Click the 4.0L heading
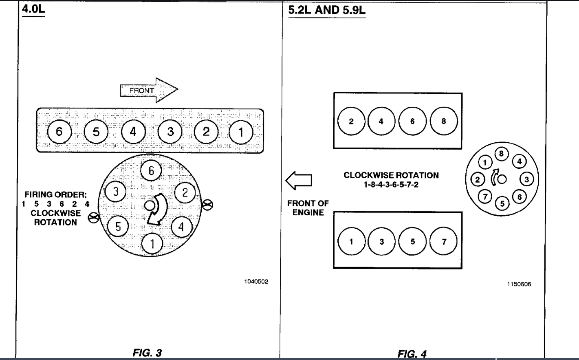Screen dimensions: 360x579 tap(33, 9)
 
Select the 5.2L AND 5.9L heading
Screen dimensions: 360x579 tap(326, 10)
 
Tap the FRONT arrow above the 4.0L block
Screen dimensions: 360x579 tap(149, 90)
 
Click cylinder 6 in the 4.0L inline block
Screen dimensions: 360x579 tap(59, 131)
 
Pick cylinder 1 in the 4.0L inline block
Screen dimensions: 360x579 tap(241, 132)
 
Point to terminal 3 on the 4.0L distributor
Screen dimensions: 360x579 tap(116, 191)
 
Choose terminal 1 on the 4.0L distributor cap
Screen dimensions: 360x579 tap(152, 244)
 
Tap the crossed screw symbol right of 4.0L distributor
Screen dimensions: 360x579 tap(207, 204)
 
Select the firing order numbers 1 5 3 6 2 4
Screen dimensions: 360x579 tap(55, 204)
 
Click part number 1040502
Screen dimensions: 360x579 tap(256, 281)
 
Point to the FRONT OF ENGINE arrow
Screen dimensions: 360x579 tap(299, 181)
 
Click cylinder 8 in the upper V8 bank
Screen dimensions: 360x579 tap(444, 121)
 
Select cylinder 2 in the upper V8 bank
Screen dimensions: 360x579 tap(351, 121)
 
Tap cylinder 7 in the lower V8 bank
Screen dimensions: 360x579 tap(444, 241)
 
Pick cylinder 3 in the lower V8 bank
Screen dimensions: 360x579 tap(381, 241)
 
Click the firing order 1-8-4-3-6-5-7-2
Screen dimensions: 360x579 tap(391, 185)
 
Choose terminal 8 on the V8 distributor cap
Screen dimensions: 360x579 tap(501, 154)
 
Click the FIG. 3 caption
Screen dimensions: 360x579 tap(147, 353)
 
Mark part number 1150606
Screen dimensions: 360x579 tap(519, 284)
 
